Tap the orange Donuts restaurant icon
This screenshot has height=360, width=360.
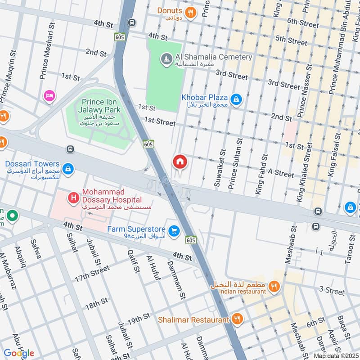coord(191,13)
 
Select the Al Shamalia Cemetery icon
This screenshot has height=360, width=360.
coord(166,59)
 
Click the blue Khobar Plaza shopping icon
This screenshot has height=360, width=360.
coord(235,99)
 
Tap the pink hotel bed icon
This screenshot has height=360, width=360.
coord(49,96)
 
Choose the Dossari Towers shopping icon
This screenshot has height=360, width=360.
coord(67,169)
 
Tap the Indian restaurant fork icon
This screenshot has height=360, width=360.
coord(273,286)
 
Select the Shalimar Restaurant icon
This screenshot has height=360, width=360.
coord(237,319)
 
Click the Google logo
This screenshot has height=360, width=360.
coord(18,353)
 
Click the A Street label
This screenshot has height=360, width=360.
coord(281,173)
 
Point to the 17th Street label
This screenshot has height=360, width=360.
coord(92,273)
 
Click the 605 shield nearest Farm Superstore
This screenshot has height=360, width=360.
coord(190,241)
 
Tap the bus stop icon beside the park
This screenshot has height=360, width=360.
coord(70,149)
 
